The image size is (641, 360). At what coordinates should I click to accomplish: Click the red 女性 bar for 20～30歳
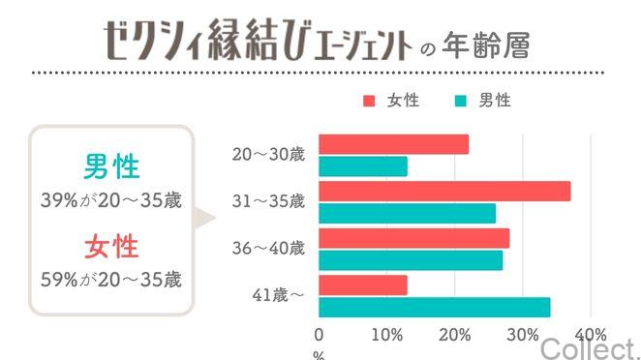(x=393, y=144)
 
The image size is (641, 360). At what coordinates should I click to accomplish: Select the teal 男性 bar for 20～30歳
(x=363, y=166)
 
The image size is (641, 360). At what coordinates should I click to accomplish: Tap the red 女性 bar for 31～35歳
(x=444, y=191)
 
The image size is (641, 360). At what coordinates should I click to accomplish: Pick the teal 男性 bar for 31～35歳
(x=407, y=213)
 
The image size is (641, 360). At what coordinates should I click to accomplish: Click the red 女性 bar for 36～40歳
(x=413, y=238)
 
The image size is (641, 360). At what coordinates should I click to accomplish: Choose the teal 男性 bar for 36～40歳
(x=411, y=260)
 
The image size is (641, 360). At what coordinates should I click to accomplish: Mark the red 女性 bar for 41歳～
(x=363, y=285)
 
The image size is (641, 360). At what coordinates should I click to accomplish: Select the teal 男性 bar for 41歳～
(x=434, y=307)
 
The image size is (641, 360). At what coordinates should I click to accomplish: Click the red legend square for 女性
(x=368, y=101)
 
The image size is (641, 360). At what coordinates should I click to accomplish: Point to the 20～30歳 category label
(x=268, y=155)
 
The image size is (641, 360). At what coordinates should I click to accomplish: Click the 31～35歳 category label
(x=268, y=201)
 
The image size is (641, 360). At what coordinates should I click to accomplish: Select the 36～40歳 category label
(x=268, y=249)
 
